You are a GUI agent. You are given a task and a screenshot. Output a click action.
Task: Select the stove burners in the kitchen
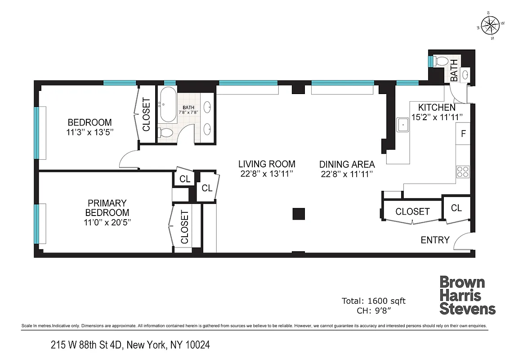(x=463, y=171)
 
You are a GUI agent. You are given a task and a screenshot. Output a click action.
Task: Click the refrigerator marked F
(x=463, y=134)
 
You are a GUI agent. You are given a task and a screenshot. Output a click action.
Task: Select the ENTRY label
(x=435, y=240)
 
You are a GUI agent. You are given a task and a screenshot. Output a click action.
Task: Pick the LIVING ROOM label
(x=267, y=164)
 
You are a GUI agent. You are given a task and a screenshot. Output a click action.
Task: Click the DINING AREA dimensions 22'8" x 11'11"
(x=347, y=175)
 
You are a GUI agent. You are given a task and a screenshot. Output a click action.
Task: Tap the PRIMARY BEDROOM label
(x=107, y=207)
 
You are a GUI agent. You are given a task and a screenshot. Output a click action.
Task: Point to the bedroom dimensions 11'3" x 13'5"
(x=89, y=132)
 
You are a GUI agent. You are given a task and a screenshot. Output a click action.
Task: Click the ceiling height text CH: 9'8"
(x=374, y=310)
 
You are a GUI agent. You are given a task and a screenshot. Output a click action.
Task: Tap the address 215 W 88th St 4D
(x=130, y=345)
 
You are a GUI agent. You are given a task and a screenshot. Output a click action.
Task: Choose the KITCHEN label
(x=437, y=108)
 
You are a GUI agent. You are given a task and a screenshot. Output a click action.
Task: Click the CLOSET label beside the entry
(x=412, y=211)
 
